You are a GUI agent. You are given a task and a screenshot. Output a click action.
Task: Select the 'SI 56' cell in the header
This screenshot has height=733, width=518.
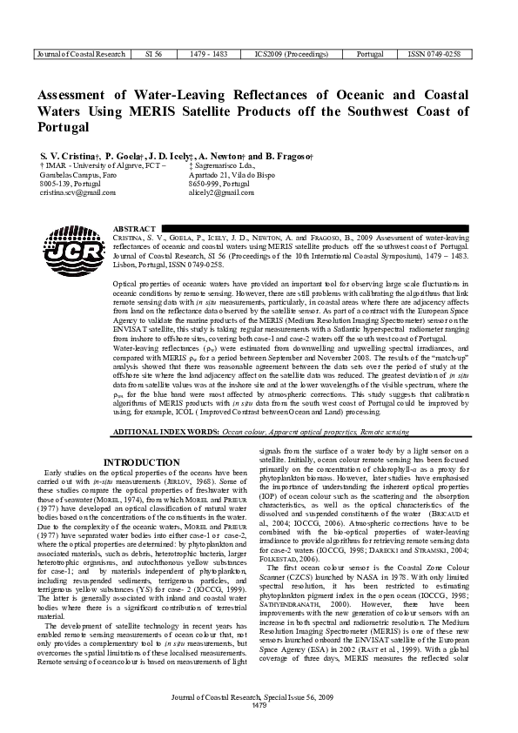(152, 54)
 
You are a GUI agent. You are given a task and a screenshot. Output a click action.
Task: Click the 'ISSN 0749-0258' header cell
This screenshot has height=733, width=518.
(435, 54)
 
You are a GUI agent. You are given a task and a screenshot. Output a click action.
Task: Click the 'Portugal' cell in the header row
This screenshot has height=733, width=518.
(361, 54)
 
